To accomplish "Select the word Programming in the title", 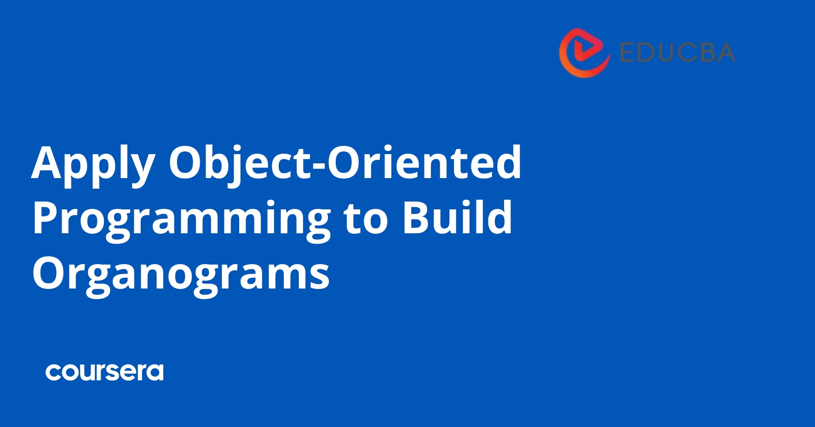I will coord(181,219).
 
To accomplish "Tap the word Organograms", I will coord(181,274).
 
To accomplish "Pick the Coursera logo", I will coord(104,372).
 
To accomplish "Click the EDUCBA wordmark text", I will coord(677,52).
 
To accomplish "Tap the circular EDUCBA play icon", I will coord(585,52).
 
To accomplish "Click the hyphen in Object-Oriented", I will coord(318,167).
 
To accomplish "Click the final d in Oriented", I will coord(507,162).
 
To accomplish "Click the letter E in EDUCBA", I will coord(627,52).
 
